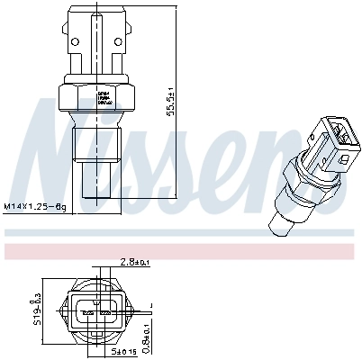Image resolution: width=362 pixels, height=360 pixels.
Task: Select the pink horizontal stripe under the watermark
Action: [180, 246]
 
